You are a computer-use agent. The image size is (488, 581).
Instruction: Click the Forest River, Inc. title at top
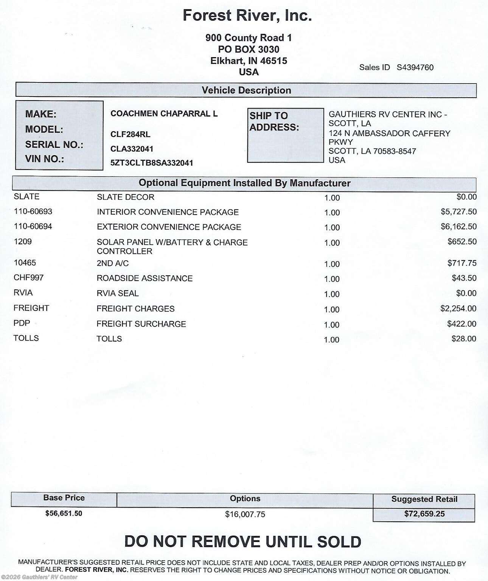(x=247, y=16)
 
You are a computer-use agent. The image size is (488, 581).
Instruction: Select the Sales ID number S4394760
(x=415, y=68)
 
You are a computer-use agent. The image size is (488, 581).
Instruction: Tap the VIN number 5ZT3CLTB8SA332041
(x=152, y=163)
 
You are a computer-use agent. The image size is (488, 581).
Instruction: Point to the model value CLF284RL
(x=130, y=134)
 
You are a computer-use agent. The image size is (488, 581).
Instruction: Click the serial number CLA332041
(x=132, y=149)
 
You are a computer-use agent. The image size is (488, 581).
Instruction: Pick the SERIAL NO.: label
(x=54, y=144)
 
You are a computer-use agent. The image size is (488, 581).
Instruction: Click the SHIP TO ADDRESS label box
(x=285, y=135)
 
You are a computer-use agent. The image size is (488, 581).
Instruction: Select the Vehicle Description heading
(x=246, y=90)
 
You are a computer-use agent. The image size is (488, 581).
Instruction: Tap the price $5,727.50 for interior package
(x=458, y=212)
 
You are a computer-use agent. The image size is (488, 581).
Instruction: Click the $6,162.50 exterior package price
(x=458, y=227)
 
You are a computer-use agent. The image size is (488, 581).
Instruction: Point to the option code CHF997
(x=29, y=278)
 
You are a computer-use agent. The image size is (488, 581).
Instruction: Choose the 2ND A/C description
(x=113, y=263)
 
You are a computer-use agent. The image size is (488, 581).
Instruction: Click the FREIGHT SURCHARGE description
(x=141, y=324)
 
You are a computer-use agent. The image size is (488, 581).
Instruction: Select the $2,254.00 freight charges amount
(x=458, y=309)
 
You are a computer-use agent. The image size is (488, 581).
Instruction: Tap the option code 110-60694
(x=33, y=227)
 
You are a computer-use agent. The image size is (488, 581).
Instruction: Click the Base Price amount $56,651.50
(x=64, y=513)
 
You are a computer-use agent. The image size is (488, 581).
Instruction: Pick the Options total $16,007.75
(x=245, y=514)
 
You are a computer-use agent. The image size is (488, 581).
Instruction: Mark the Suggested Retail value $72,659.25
(x=424, y=514)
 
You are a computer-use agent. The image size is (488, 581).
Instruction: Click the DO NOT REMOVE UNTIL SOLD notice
(x=242, y=542)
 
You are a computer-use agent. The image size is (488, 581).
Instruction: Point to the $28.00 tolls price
(x=464, y=339)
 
